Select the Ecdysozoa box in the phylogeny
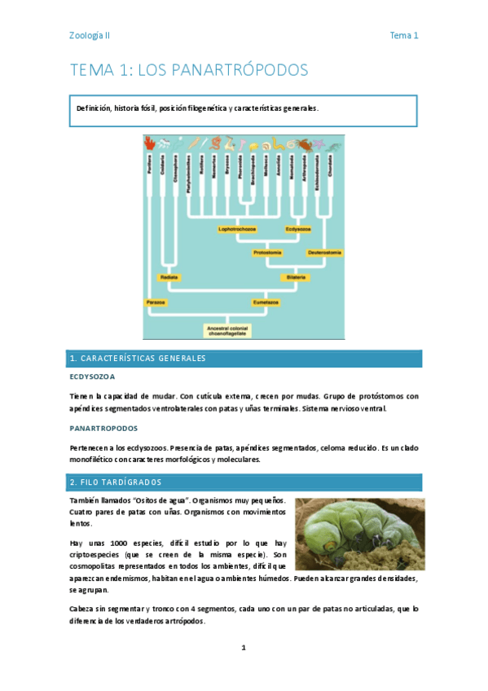tap(298, 229)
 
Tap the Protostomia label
tap(267, 253)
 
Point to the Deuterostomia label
tap(324, 253)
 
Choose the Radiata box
tap(169, 277)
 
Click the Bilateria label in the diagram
tap(296, 277)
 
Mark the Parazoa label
tap(156, 301)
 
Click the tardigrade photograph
tap(354, 533)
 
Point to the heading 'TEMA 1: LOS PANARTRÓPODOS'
tap(189, 71)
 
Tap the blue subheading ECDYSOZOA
tap(92, 377)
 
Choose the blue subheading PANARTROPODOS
tap(103, 428)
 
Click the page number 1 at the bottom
tap(244, 648)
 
